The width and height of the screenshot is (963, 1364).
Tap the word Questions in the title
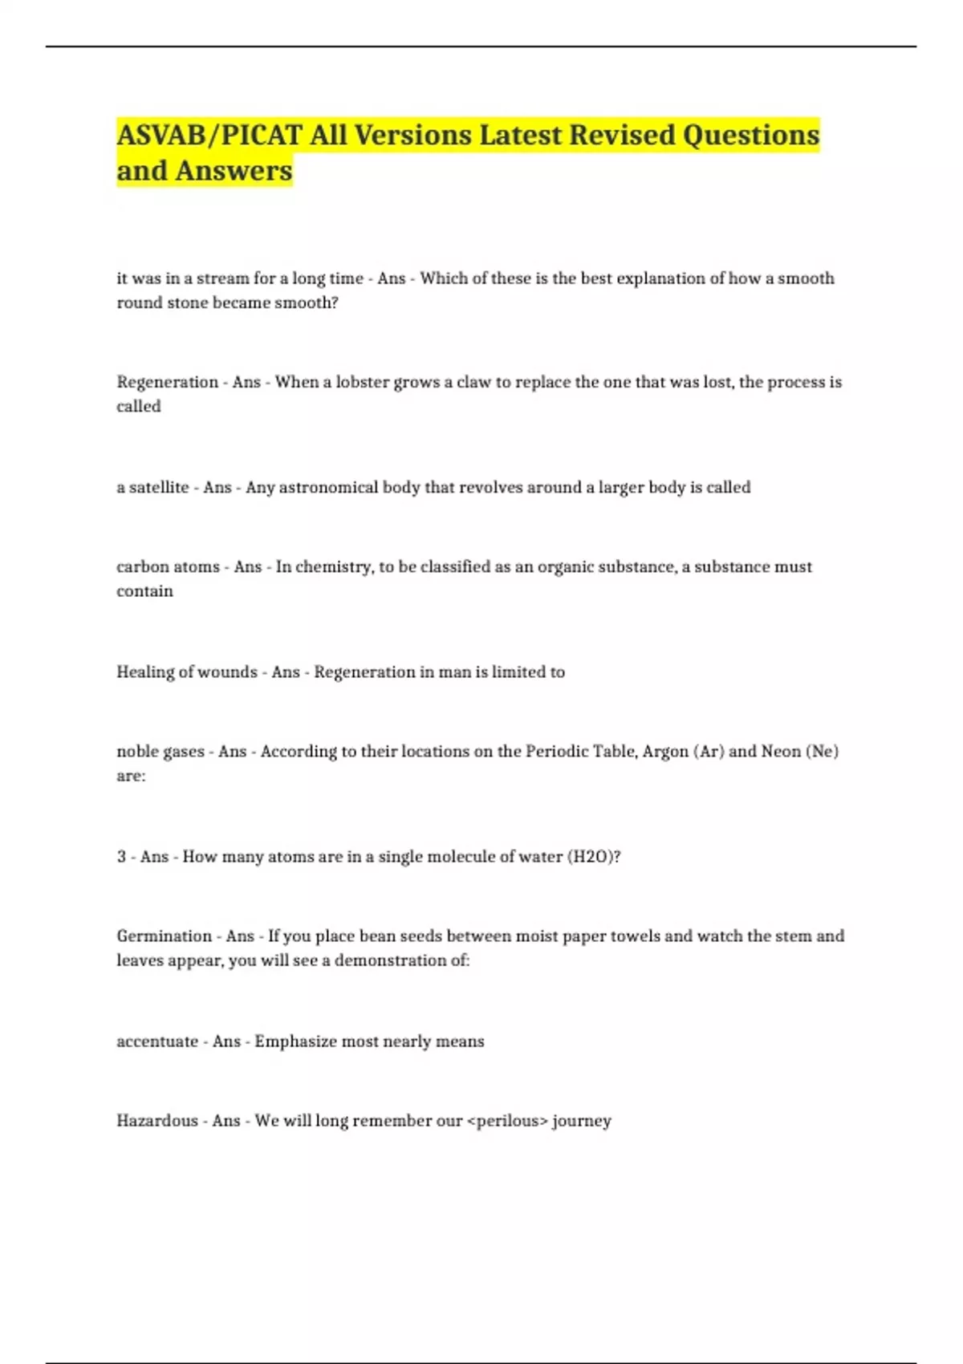[750, 136]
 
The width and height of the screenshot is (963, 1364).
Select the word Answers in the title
[234, 171]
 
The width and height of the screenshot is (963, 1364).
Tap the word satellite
[159, 487]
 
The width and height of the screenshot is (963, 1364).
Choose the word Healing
[143, 672]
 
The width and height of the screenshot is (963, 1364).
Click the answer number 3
[121, 856]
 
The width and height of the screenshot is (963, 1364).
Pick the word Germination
[165, 936]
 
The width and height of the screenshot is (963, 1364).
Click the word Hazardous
[157, 1120]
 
